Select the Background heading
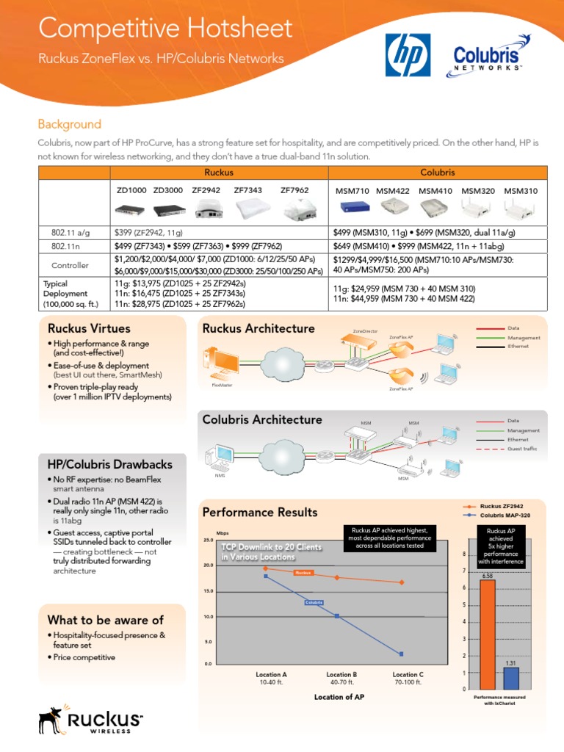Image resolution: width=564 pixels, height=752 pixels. (70, 124)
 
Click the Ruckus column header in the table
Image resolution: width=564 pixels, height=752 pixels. (219, 172)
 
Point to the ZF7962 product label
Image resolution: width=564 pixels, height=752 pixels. (294, 190)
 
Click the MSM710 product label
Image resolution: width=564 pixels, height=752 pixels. (352, 191)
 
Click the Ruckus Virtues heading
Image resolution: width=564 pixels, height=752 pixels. (89, 328)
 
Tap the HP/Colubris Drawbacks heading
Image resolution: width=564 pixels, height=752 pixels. (109, 464)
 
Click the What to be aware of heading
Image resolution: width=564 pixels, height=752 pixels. (105, 620)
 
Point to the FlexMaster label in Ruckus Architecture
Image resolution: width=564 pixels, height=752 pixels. (223, 385)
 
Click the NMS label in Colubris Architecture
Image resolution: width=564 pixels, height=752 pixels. (219, 476)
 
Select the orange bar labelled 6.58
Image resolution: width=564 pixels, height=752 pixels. (487, 634)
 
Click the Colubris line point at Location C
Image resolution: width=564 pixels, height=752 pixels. (402, 654)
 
